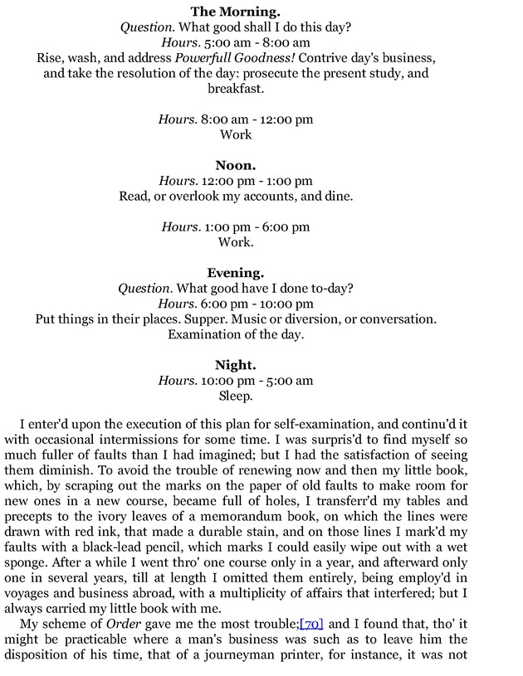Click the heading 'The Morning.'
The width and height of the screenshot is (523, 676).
236,12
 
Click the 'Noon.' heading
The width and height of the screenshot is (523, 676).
236,165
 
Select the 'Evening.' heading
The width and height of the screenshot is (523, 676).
236,273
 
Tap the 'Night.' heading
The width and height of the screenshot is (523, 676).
236,365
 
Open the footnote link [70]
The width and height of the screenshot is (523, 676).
311,624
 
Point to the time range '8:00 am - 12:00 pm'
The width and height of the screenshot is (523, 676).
257,119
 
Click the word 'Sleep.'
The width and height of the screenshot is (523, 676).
236,396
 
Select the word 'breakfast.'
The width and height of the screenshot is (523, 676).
236,88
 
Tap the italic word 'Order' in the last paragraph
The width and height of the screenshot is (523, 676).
123,624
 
